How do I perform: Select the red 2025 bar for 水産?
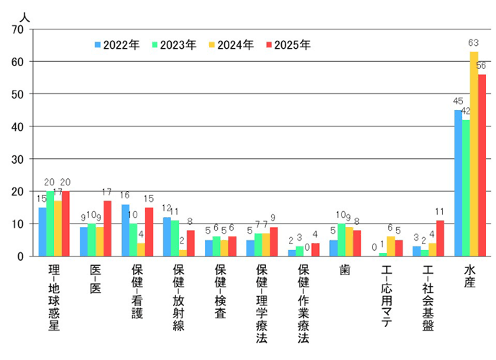click(482, 165)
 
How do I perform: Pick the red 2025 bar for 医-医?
click(107, 229)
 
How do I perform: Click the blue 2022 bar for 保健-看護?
click(125, 230)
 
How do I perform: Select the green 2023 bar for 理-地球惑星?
click(50, 223)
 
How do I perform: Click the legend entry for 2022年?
click(116, 45)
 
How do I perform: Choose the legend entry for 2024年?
click(229, 45)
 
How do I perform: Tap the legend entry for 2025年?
click(287, 45)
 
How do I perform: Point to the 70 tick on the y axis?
click(18, 29)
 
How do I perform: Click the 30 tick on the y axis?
click(18, 159)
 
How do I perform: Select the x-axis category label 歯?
click(345, 270)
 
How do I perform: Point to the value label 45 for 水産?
click(457, 103)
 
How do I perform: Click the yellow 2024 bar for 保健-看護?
click(141, 249)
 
